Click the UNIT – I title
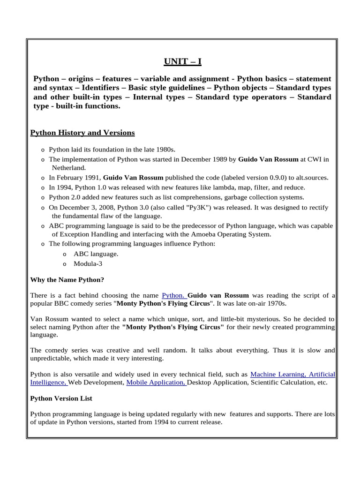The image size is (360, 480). coord(182,61)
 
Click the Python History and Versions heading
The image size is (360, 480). coord(82,133)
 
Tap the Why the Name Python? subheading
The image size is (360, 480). coord(67,280)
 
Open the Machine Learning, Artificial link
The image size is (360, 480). coord(292,374)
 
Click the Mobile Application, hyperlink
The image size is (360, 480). coord(156,382)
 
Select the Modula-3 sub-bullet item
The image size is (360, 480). coord(88,263)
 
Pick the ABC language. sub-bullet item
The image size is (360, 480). coord(96,254)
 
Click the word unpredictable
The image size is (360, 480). coord(50,359)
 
